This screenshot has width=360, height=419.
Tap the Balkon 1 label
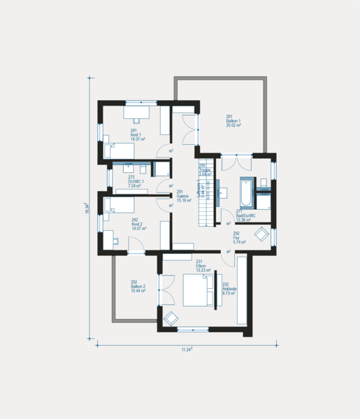(x=233, y=120)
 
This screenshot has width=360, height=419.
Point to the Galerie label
(x=183, y=196)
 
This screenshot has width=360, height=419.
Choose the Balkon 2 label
(x=138, y=286)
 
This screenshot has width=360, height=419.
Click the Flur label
(x=236, y=237)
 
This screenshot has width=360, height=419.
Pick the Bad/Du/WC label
(x=245, y=215)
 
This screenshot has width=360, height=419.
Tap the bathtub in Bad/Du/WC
(x=245, y=190)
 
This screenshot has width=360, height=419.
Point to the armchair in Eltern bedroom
(x=171, y=318)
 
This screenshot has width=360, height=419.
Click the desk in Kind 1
(x=138, y=112)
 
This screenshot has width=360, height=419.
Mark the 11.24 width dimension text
(x=187, y=349)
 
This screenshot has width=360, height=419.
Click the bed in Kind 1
(x=120, y=150)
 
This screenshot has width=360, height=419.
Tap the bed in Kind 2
(x=119, y=204)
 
